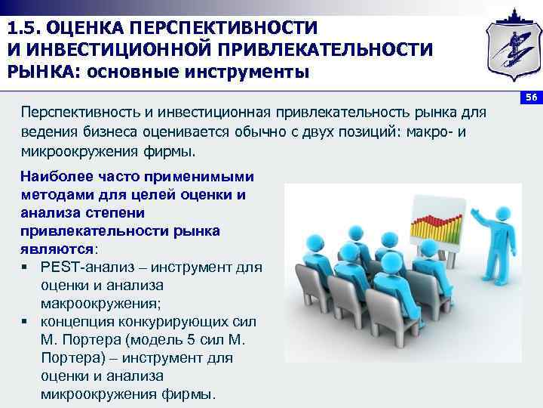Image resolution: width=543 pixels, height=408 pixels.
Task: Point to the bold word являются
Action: pos(57,248)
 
